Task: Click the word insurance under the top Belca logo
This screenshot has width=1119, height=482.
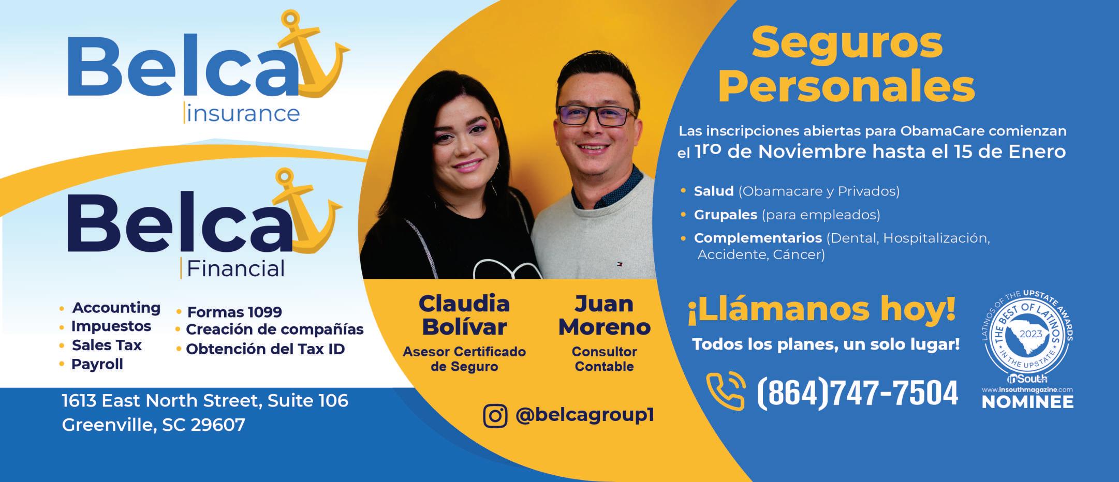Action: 243,113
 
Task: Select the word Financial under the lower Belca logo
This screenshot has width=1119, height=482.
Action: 235,268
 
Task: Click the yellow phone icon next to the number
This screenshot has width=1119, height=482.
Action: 726,391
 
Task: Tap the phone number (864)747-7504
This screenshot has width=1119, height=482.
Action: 857,393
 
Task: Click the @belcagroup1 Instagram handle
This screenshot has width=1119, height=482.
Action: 585,415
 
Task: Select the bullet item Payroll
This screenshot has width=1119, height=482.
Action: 97,364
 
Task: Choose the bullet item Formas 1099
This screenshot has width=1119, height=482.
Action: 234,312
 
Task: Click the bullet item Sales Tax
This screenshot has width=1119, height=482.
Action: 107,345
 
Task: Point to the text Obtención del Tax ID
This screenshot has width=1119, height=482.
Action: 266,349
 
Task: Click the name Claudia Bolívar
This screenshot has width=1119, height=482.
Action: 464,315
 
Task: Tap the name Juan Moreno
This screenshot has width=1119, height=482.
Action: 604,315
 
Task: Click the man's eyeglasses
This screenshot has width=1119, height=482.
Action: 596,115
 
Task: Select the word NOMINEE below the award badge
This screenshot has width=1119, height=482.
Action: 1027,402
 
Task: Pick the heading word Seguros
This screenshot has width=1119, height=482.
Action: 847,43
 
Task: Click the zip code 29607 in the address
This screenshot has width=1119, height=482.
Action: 218,425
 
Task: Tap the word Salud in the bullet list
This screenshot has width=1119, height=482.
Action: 714,191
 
